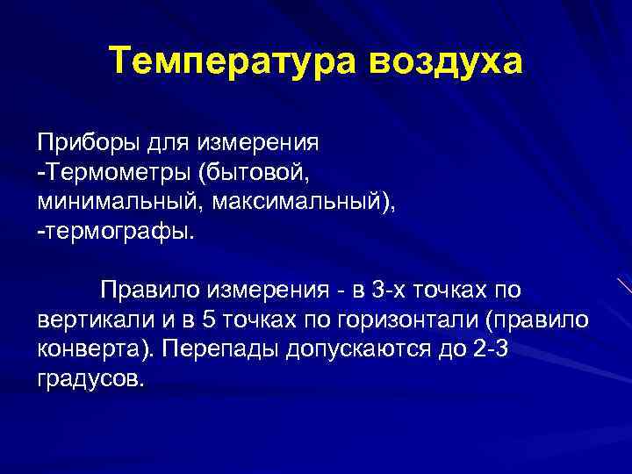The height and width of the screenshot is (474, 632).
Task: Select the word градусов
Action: [x=88, y=381]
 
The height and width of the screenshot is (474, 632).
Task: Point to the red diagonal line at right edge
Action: [x=623, y=287]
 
